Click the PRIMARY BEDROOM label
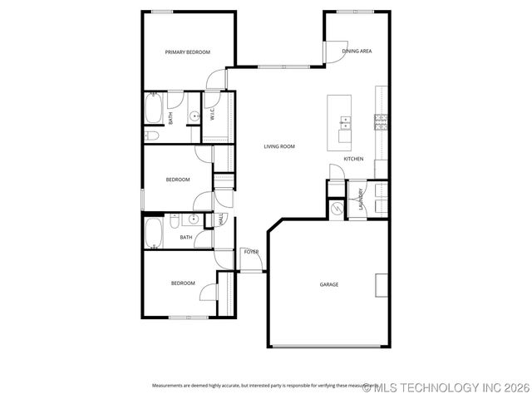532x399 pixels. (187, 52)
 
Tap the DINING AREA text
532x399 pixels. (357, 52)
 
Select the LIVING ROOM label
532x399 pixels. (279, 146)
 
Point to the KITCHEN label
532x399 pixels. (353, 159)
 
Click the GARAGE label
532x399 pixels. (329, 284)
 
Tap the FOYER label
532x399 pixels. (251, 251)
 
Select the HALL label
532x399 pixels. (220, 219)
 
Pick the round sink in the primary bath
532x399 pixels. (191, 117)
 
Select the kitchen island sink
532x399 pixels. (344, 124)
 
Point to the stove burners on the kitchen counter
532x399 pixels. (381, 122)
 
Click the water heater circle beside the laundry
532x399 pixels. (337, 209)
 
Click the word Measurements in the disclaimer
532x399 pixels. (169, 385)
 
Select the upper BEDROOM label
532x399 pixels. (178, 180)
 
